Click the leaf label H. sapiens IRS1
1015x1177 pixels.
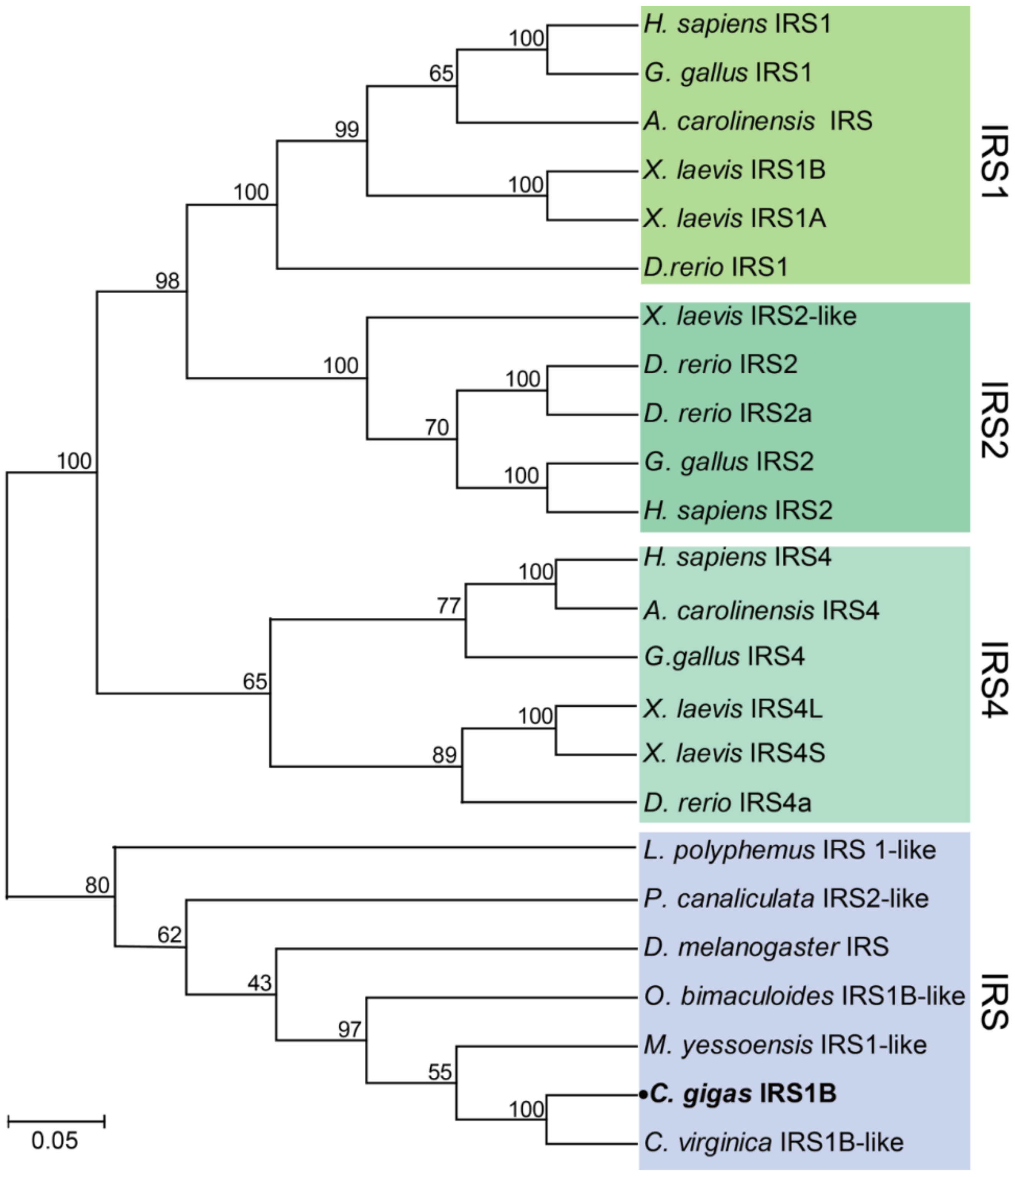click(737, 25)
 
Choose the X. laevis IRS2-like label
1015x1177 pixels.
click(750, 317)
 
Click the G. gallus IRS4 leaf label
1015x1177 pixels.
click(724, 657)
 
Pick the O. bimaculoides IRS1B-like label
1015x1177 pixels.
click(804, 996)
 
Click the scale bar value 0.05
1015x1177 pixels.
click(54, 1141)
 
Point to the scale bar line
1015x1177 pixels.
click(56, 1121)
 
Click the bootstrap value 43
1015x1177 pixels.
click(259, 983)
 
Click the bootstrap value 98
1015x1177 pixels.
click(167, 281)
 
